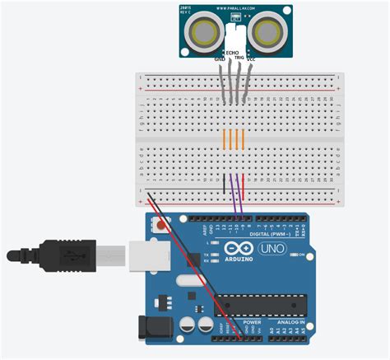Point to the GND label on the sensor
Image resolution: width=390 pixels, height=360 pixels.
tap(220, 58)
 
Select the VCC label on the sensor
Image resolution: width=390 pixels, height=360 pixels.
tap(250, 58)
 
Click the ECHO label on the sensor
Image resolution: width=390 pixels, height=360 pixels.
tap(233, 52)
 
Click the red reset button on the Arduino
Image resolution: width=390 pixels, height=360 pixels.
tap(160, 222)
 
